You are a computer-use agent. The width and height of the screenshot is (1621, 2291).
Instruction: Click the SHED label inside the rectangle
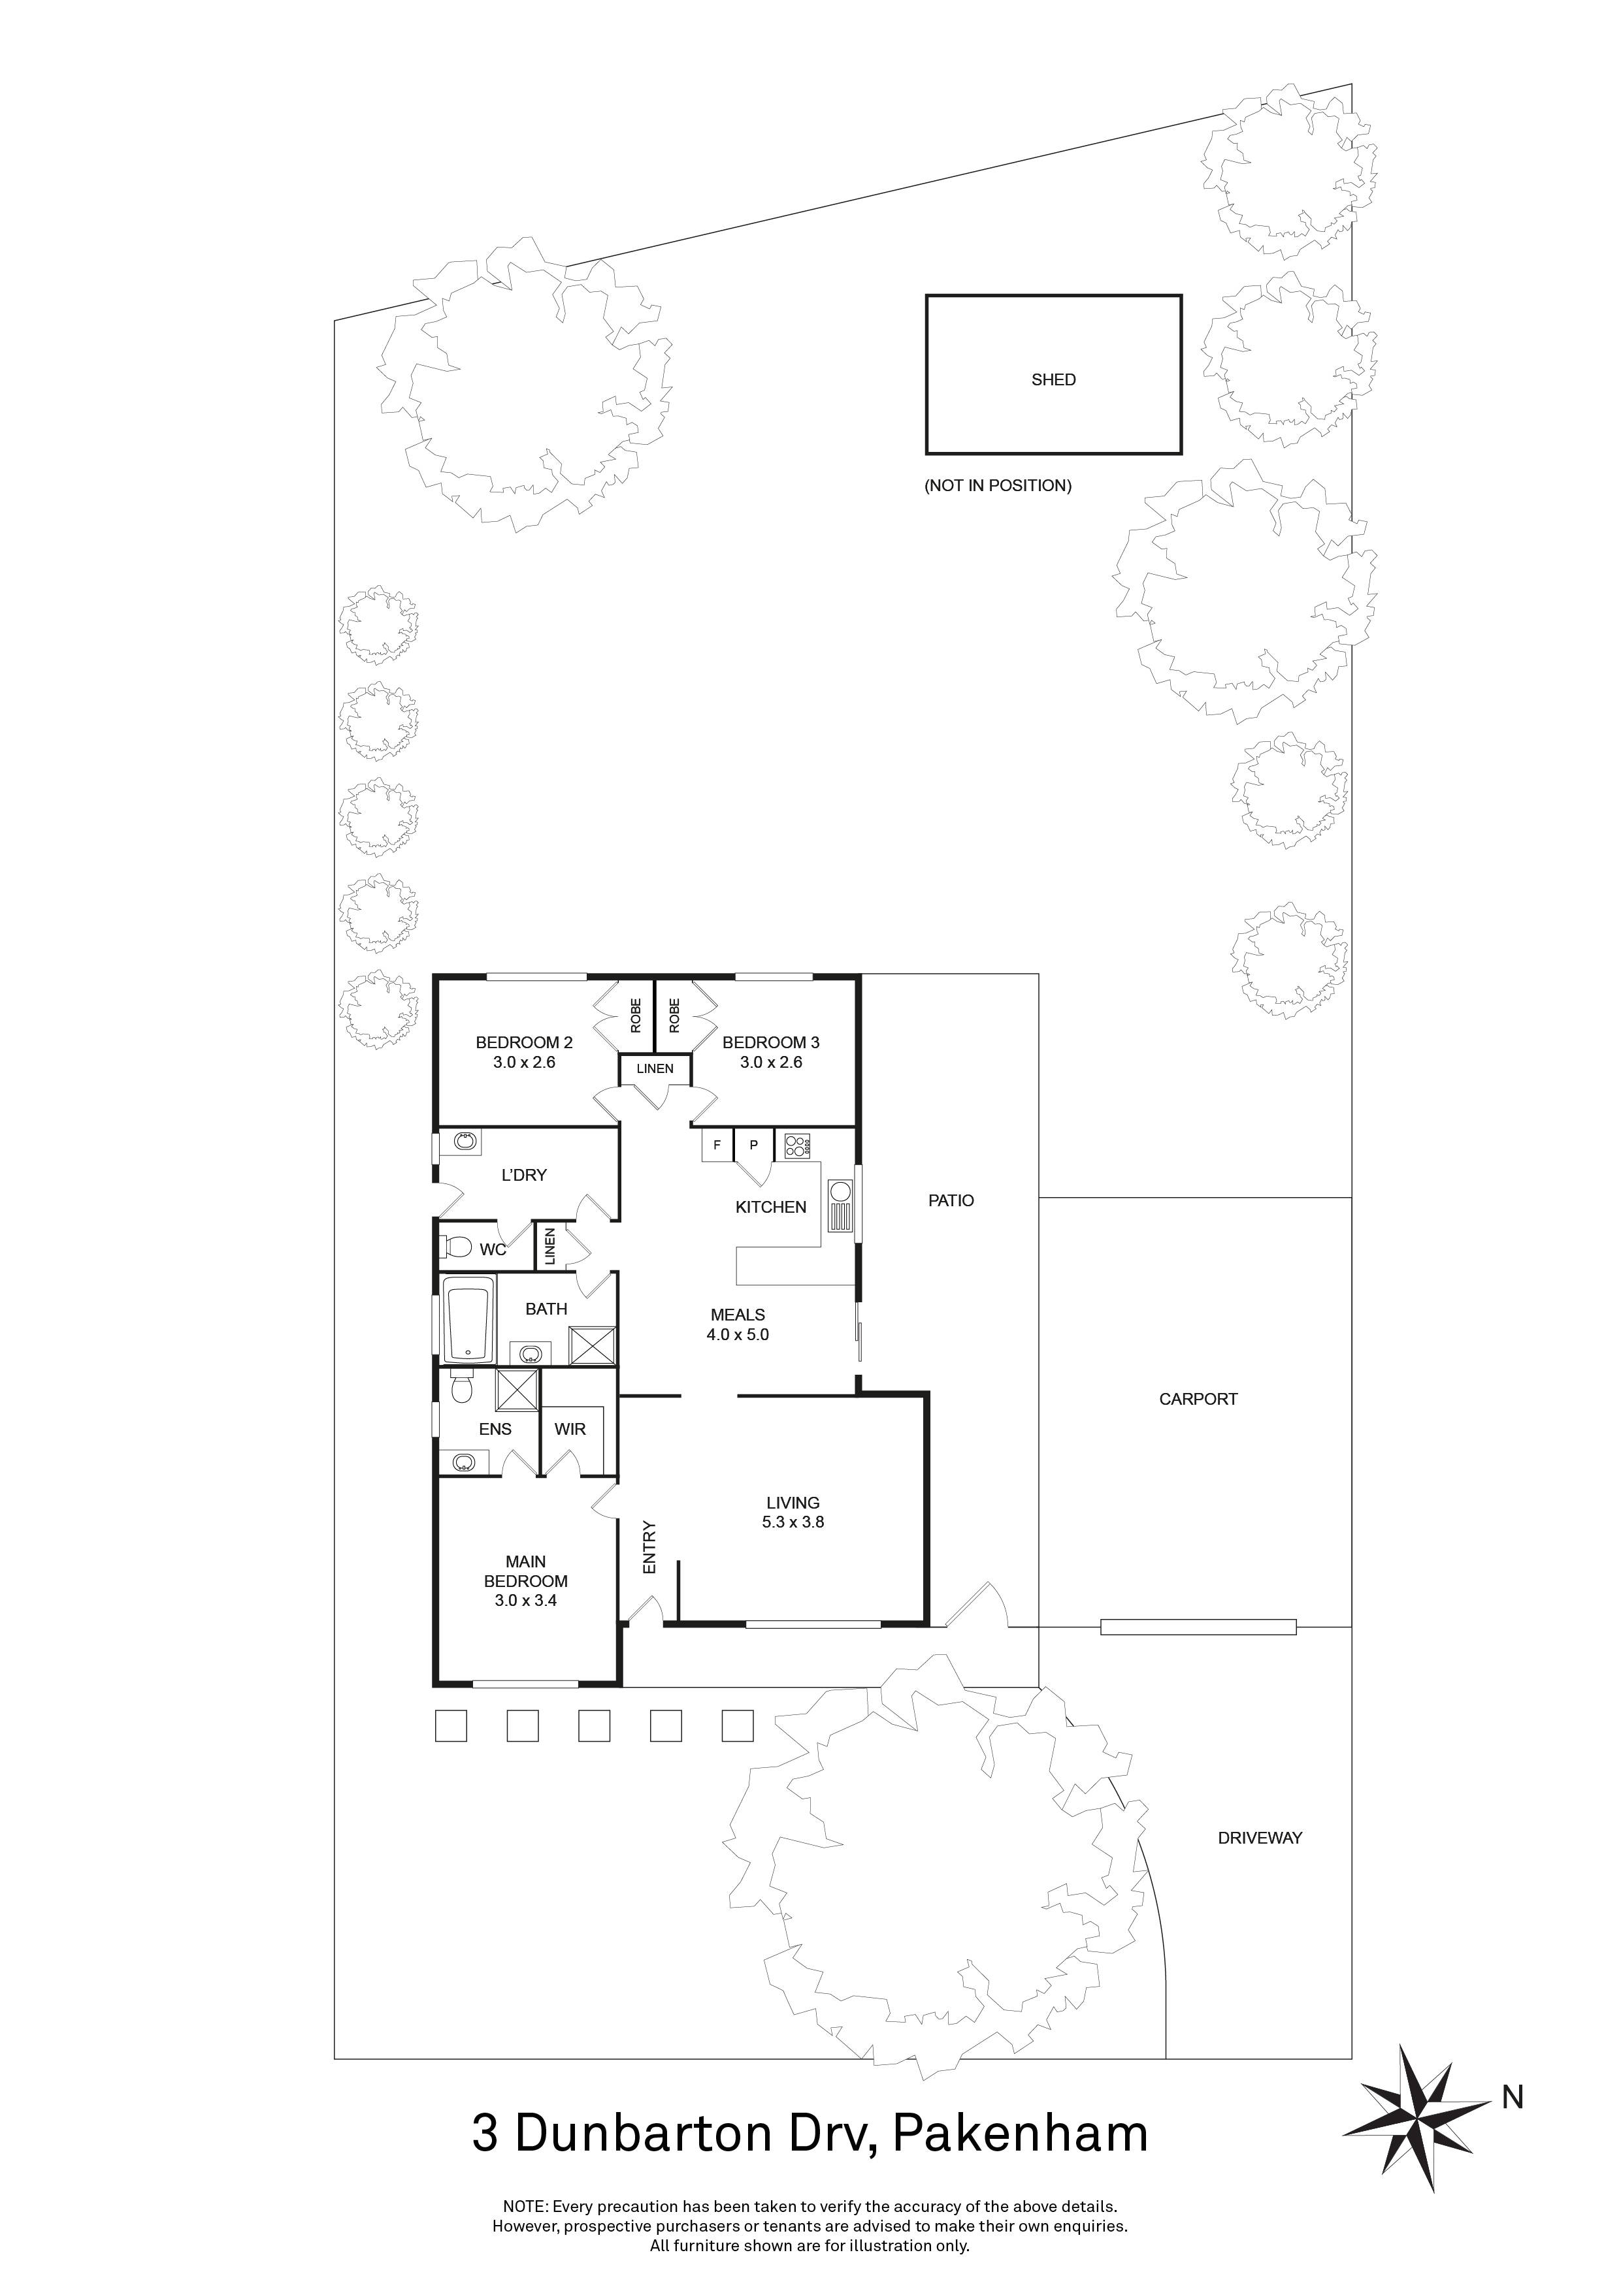pos(1053,379)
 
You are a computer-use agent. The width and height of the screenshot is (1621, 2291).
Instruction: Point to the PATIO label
pos(950,1200)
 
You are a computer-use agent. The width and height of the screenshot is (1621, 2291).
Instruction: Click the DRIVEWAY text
pos(1260,1837)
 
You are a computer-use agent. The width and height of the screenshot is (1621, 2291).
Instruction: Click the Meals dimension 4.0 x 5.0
pos(738,1334)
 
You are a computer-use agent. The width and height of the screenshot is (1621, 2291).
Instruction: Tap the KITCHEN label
pos(770,1208)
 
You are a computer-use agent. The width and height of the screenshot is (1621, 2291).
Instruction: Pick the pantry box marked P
pos(753,1145)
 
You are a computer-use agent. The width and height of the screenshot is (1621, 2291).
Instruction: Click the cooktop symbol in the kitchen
pos(796,1145)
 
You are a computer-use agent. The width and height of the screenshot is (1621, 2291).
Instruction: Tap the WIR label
pos(570,1429)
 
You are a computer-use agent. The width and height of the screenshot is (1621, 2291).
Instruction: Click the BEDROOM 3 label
pos(770,1043)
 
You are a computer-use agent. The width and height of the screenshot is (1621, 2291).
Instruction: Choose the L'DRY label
pos(524,1176)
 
